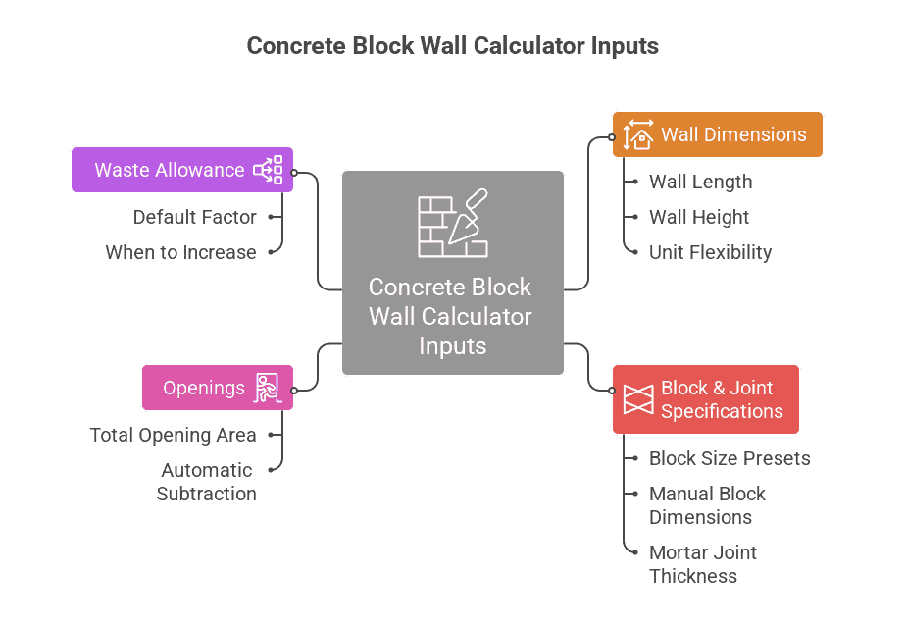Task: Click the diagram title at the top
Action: coord(452,46)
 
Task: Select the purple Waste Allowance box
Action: coord(182,170)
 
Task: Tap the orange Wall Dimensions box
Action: coord(717,134)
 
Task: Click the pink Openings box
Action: coord(217,388)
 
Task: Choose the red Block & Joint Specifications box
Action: coord(705,399)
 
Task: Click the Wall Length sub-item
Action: coord(700,182)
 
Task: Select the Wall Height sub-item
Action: coord(698,217)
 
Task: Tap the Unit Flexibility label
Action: coord(710,252)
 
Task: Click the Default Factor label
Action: coord(194,217)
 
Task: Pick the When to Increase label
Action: coord(180,252)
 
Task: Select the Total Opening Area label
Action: coord(173,435)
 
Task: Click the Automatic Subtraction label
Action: coord(206,482)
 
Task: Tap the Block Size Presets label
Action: coord(730,458)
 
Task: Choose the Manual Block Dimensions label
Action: coord(706,505)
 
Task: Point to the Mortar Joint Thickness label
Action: coord(702,564)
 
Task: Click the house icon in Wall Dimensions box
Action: coord(638,134)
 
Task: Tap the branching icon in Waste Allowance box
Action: coord(268,170)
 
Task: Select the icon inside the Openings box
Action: coord(268,388)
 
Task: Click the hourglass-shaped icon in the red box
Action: coord(638,399)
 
